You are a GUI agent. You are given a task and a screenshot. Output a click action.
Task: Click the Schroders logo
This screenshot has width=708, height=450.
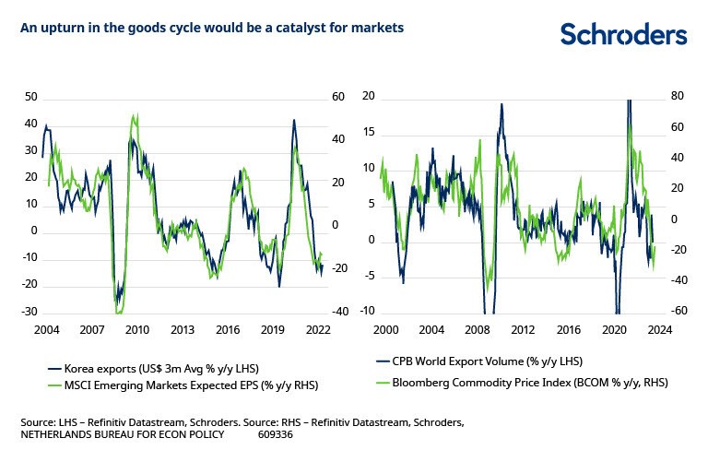(623, 34)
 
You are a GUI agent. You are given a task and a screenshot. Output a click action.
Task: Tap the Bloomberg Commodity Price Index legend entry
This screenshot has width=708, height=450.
(522, 381)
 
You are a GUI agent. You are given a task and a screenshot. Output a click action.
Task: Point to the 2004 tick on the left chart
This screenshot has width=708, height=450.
(46, 329)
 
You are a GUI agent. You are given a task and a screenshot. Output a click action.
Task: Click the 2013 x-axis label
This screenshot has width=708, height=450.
(182, 329)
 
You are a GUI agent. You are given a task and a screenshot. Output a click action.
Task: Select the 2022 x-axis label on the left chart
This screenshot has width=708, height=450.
(319, 329)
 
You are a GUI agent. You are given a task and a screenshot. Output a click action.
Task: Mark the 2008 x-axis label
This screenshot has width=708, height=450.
(476, 329)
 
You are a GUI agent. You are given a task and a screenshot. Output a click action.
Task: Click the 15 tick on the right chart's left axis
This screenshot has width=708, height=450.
(369, 133)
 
